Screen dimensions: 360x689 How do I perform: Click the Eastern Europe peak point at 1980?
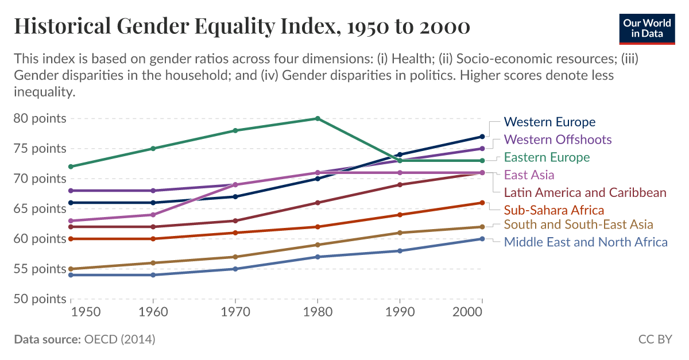pos(318,118)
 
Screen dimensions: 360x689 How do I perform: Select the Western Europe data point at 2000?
pos(482,137)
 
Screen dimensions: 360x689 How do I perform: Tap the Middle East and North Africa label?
pos(586,242)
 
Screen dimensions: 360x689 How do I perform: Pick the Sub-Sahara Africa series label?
pos(554,210)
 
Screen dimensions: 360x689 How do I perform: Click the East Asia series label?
pos(529,175)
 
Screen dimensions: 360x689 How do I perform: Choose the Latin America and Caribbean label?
pos(585,192)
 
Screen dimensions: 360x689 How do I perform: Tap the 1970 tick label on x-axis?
pos(235,312)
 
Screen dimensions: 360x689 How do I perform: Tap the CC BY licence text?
pos(655,339)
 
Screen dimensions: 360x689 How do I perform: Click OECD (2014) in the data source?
pos(119,339)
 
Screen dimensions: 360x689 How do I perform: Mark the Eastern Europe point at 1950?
pos(71,167)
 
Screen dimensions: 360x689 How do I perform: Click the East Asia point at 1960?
pos(153,215)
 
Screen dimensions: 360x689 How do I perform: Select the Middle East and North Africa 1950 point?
pos(71,275)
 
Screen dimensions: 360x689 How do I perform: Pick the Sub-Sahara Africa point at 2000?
pos(482,203)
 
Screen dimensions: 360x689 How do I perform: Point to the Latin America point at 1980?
pos(318,203)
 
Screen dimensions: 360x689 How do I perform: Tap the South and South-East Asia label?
pos(578,224)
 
